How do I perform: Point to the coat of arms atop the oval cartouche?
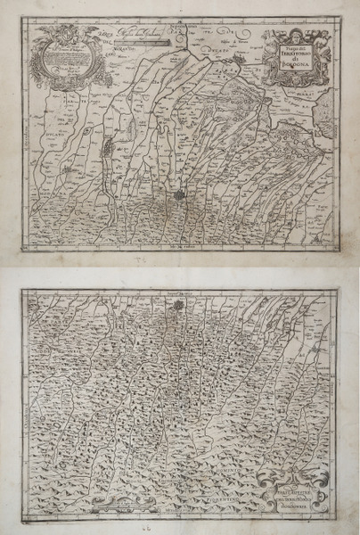click(x=62, y=29)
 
